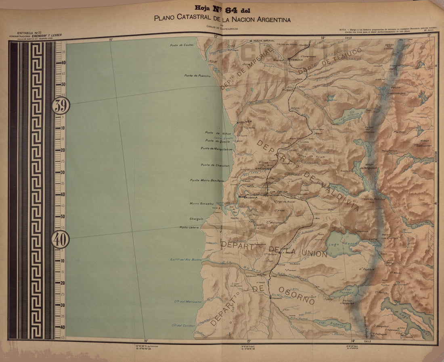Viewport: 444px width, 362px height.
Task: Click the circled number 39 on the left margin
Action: [61, 106]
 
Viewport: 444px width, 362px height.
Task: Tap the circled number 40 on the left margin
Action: [60, 240]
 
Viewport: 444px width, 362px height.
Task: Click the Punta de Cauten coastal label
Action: [182, 45]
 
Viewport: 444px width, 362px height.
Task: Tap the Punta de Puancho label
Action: [197, 76]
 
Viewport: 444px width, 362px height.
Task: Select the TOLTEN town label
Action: [245, 121]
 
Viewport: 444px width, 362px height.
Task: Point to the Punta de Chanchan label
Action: [215, 165]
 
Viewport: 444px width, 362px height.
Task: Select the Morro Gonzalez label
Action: [202, 204]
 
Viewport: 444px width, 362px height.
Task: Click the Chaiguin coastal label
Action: [199, 219]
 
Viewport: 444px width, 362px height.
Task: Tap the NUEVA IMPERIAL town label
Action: [264, 41]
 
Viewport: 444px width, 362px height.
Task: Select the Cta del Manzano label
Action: [188, 302]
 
